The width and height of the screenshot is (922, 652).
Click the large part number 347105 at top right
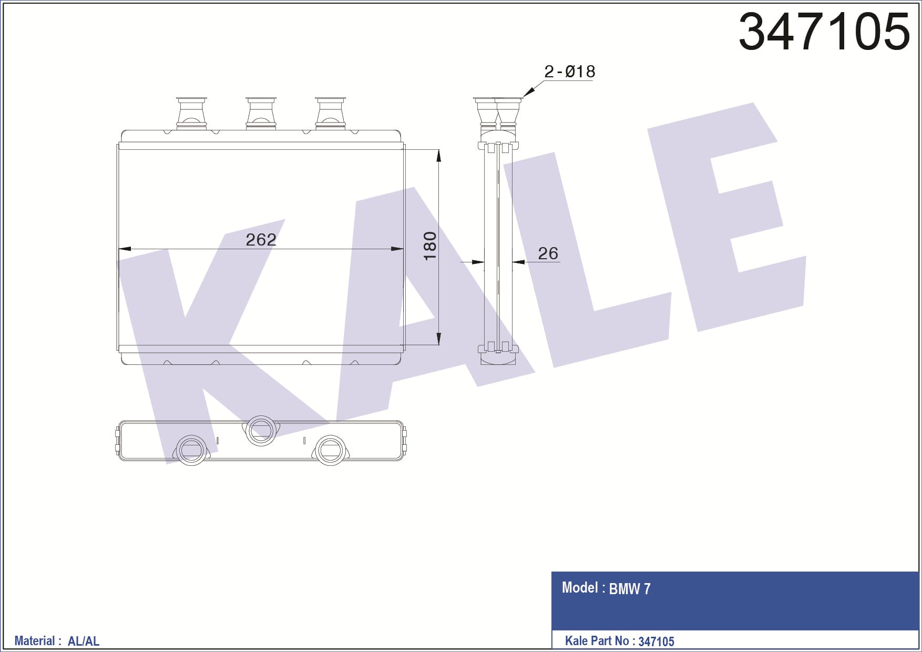824,31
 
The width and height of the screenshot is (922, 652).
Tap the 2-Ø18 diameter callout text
570,72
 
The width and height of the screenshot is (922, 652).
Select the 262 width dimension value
261,240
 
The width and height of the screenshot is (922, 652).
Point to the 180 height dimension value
430,246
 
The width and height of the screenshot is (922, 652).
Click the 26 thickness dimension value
548,253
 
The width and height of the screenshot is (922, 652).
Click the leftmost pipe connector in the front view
191,113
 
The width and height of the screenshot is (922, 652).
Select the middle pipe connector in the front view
261,113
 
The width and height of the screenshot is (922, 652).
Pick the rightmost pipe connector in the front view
330,113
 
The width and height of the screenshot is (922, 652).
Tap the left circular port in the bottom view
191,450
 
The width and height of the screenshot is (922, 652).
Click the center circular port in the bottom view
261,431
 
